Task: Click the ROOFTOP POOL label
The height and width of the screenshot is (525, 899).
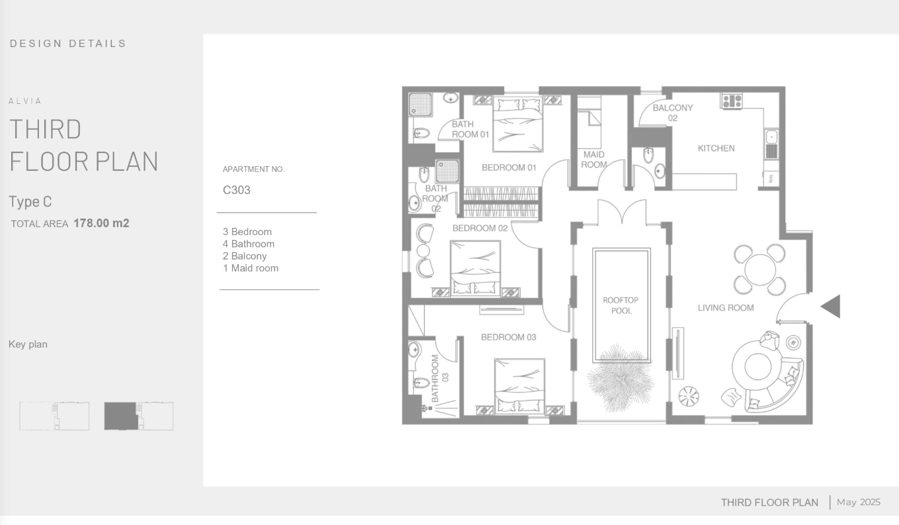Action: [x=621, y=305]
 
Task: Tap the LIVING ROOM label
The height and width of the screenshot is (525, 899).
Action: [x=726, y=308]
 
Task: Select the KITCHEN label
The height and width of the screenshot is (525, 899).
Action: [x=716, y=148]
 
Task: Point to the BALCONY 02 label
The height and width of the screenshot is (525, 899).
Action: [x=673, y=113]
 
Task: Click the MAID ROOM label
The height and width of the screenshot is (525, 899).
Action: [x=594, y=160]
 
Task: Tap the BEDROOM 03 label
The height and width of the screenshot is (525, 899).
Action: [x=509, y=338]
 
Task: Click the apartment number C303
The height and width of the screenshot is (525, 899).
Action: [x=236, y=190]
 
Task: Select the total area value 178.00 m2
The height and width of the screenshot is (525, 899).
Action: [x=101, y=223]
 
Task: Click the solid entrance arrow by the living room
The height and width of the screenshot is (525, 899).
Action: [x=830, y=306]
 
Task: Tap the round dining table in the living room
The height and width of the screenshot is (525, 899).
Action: [x=759, y=269]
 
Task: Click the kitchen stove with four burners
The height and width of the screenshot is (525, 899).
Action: [x=732, y=101]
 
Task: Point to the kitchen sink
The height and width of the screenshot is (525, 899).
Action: [x=771, y=144]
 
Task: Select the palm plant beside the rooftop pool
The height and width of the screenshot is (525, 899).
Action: [x=620, y=378]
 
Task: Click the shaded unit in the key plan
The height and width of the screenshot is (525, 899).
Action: [x=120, y=416]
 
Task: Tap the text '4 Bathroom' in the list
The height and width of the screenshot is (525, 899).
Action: [x=249, y=244]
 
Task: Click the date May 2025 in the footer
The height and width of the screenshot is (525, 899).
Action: [x=859, y=502]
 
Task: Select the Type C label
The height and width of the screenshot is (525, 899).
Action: [x=30, y=202]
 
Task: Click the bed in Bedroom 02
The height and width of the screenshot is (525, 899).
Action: [x=475, y=269]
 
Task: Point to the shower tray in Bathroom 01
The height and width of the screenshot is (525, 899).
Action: [x=420, y=105]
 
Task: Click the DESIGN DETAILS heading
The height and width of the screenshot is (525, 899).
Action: [x=68, y=44]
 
